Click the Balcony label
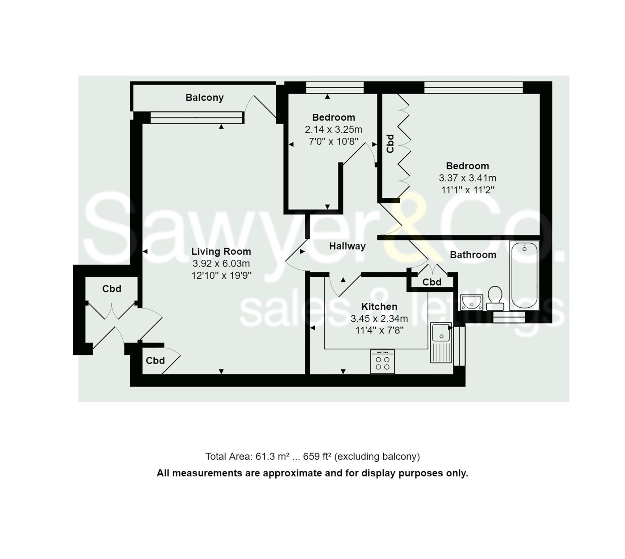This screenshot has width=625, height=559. click(x=204, y=98)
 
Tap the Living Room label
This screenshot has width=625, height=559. click(x=221, y=251)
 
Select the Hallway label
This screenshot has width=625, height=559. click(x=347, y=246)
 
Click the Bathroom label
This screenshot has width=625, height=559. click(x=473, y=255)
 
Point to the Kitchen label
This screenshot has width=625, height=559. click(x=379, y=307)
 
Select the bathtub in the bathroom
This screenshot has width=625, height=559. click(x=524, y=275)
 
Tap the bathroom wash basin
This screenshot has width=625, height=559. click(x=471, y=302)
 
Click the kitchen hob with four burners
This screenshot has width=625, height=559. click(x=382, y=362)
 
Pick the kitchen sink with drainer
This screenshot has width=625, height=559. click(x=441, y=342)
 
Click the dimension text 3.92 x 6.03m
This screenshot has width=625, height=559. click(x=221, y=263)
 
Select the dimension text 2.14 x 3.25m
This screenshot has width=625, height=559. click(x=333, y=129)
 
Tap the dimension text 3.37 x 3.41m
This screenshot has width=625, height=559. click(x=467, y=178)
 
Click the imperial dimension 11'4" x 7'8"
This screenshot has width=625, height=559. click(x=379, y=330)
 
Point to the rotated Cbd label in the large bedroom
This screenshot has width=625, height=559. click(x=390, y=144)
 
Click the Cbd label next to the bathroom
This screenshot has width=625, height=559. click(x=431, y=282)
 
